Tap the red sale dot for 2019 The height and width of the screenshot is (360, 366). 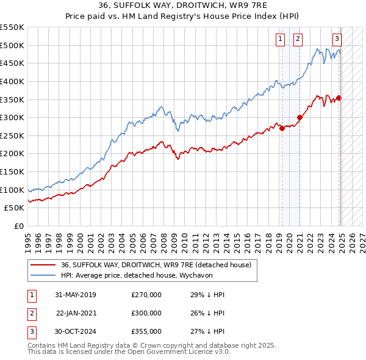[282, 128]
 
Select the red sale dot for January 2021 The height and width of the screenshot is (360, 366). [300, 118]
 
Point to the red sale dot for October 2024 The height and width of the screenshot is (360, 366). [339, 98]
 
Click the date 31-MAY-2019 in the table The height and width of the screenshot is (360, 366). [75, 295]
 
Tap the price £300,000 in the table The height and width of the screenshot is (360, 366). [146, 313]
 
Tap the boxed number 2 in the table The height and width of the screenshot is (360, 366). [30, 313]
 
